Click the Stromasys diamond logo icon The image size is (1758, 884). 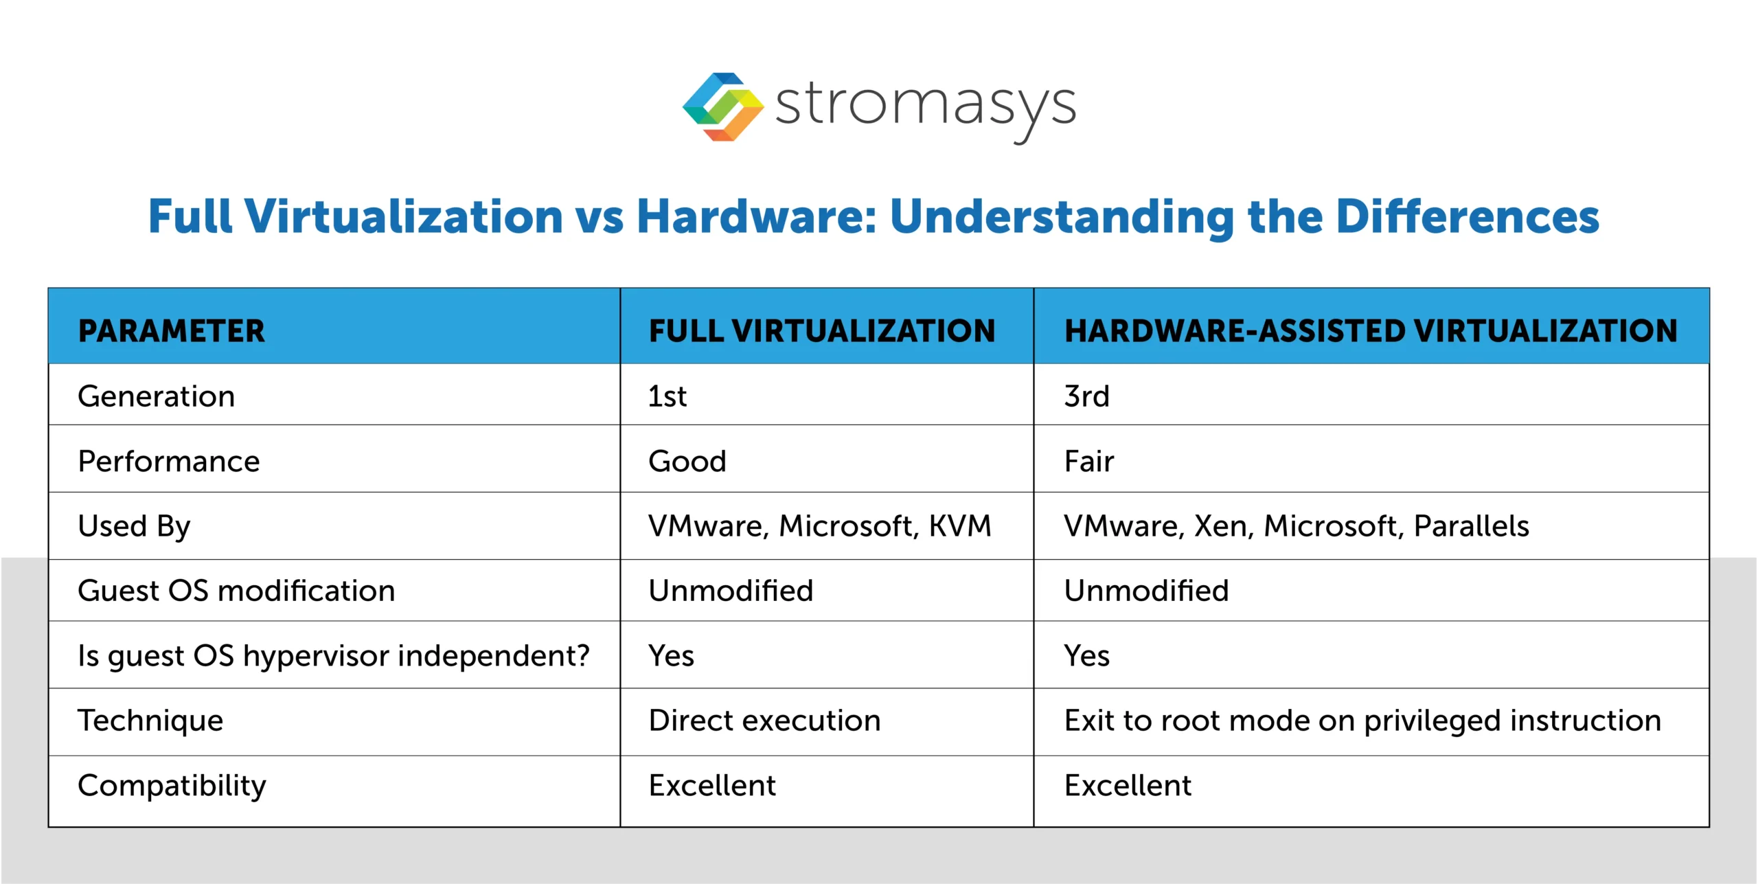click(x=722, y=107)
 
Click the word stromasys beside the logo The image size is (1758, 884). click(x=925, y=107)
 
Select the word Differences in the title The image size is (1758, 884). click(x=1468, y=217)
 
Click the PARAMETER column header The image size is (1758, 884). click(x=171, y=331)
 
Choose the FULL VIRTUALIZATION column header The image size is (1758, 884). click(x=821, y=331)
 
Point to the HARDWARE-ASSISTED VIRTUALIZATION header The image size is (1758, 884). click(x=1371, y=331)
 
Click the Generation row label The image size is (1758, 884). click(x=157, y=396)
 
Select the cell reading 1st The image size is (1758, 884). click(x=667, y=396)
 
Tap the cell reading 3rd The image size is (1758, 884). click(x=1086, y=396)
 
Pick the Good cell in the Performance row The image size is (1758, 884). click(x=687, y=461)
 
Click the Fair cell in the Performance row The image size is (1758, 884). click(x=1088, y=461)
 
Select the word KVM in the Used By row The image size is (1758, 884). click(x=960, y=526)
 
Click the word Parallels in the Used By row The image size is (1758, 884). click(x=1471, y=526)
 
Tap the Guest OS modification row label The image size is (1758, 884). click(x=236, y=591)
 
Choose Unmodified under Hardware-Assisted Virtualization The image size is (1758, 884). click(x=1146, y=591)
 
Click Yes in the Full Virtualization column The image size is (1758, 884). click(x=671, y=655)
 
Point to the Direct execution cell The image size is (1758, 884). click(x=764, y=721)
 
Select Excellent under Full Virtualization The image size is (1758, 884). click(x=712, y=785)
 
